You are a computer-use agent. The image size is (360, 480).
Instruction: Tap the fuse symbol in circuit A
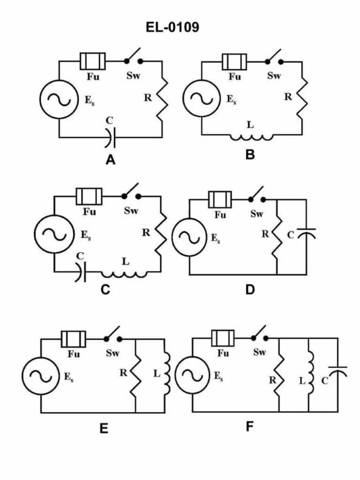coord(93,61)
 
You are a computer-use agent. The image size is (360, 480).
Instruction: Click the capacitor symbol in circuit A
coord(110,138)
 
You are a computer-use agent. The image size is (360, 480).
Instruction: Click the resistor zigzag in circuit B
coord(303,97)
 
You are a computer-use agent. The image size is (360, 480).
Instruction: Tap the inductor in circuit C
coord(126,273)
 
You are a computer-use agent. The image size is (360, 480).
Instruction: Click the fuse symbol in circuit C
coord(89,196)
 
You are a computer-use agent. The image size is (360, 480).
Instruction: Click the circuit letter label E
coord(104,429)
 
